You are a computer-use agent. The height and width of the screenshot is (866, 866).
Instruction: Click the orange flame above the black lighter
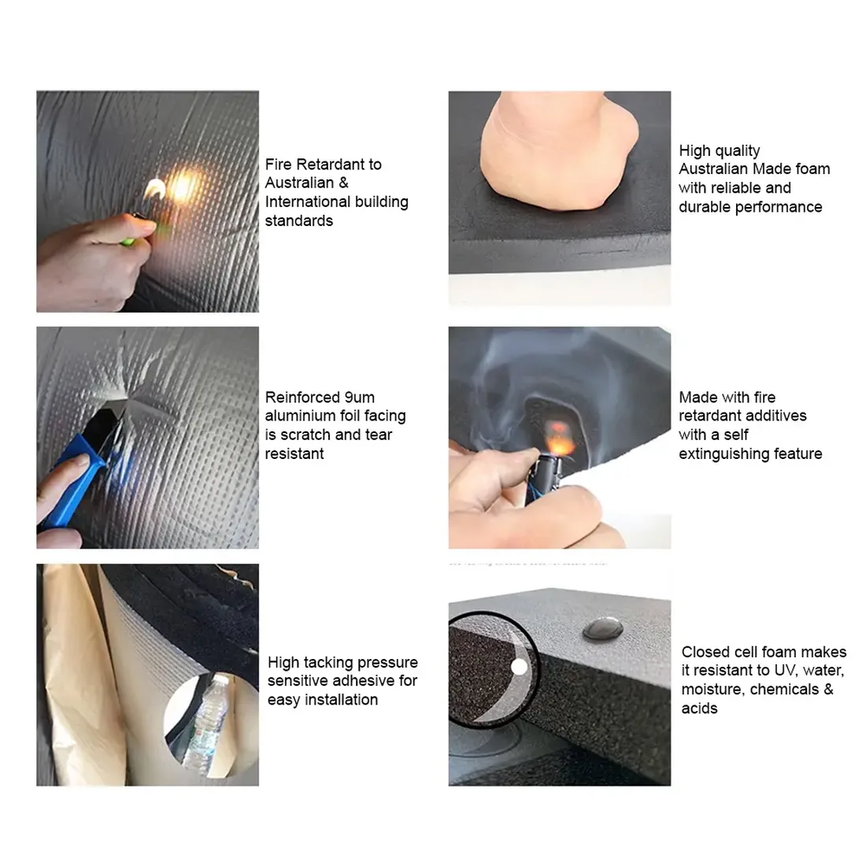(559, 436)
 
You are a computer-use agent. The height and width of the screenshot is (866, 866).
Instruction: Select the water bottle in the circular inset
(205, 723)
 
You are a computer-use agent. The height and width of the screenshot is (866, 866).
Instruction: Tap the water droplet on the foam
(602, 628)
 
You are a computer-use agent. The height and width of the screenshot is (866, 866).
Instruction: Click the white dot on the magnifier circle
(519, 667)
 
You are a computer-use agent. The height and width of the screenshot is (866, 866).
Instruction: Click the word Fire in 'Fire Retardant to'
(279, 165)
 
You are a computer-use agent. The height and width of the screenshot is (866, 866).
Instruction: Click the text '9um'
(359, 398)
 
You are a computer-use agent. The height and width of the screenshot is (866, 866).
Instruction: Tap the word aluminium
(299, 416)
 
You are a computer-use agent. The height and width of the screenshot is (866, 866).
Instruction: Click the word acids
(699, 709)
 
